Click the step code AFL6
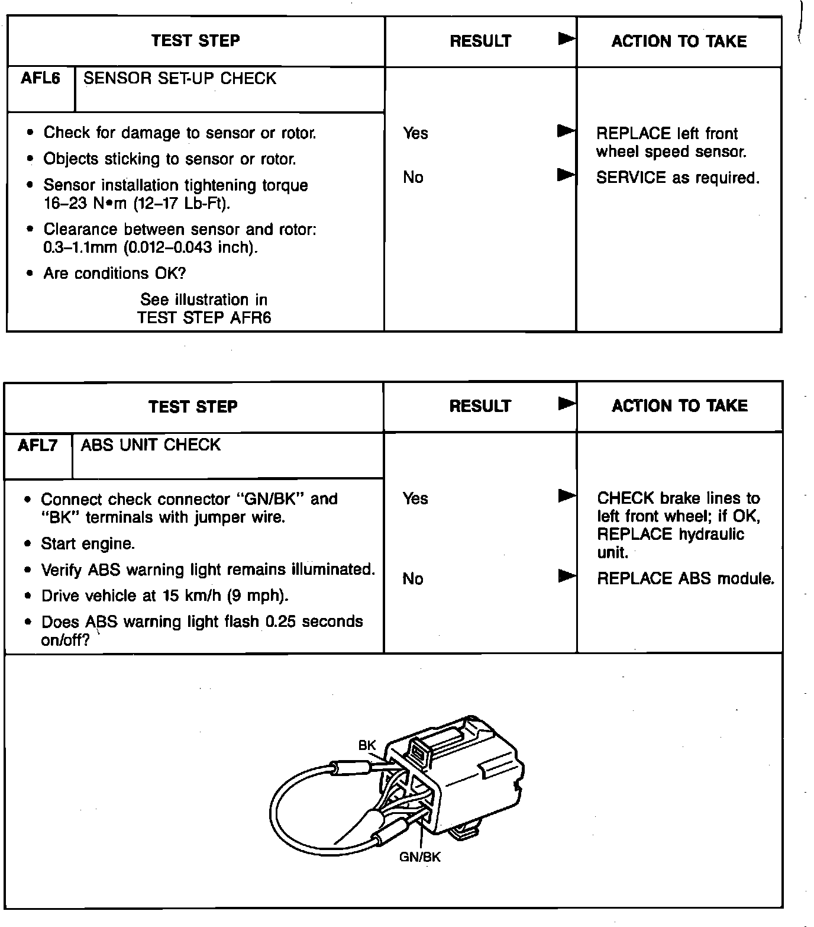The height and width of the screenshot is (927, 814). (x=40, y=79)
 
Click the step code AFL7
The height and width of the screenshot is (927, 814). (x=38, y=445)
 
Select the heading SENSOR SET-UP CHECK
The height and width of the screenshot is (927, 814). (x=180, y=79)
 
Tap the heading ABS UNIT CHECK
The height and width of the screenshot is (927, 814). (x=150, y=445)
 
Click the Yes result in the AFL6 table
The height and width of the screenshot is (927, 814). (x=415, y=133)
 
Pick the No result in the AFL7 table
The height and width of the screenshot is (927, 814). (x=413, y=578)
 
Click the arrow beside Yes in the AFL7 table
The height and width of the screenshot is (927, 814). (x=567, y=496)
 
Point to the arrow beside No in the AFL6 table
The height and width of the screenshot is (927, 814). (x=566, y=175)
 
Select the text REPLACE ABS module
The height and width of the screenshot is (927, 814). (x=685, y=578)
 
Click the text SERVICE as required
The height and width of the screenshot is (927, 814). (x=677, y=178)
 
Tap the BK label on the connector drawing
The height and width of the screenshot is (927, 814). (x=367, y=745)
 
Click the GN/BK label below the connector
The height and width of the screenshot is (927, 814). (x=419, y=857)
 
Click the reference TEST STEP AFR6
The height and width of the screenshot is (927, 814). (x=204, y=318)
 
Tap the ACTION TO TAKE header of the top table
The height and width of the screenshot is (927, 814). (x=679, y=41)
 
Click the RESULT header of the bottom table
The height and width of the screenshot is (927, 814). (x=480, y=406)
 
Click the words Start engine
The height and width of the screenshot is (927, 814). (x=88, y=543)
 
